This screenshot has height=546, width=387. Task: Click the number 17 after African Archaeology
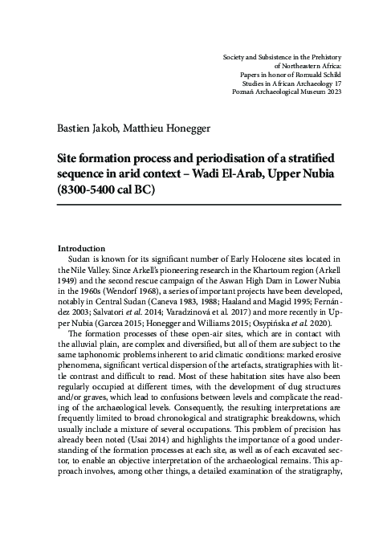click(337, 81)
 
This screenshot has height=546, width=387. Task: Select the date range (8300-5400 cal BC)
click(112, 191)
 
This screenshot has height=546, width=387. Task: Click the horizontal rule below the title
click(199, 205)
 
